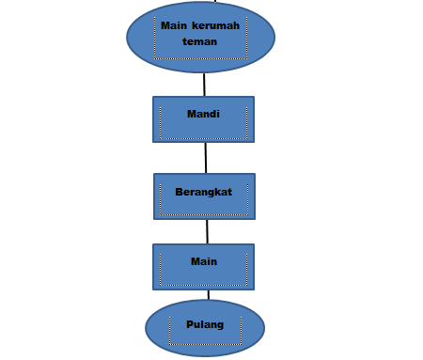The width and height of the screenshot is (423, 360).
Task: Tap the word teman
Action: [x=200, y=41]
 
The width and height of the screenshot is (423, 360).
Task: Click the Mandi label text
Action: [x=203, y=114]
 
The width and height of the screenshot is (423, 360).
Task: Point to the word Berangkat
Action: [x=203, y=192]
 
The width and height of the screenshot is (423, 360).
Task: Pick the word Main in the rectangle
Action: [x=204, y=261]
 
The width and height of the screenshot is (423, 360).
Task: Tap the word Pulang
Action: [x=205, y=324]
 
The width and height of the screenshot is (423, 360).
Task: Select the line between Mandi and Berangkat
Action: [x=204, y=158]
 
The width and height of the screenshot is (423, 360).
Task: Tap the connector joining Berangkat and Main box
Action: [x=206, y=231]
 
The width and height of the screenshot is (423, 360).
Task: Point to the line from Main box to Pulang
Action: [x=207, y=294]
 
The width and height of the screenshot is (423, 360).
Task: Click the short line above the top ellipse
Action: [x=198, y=3]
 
